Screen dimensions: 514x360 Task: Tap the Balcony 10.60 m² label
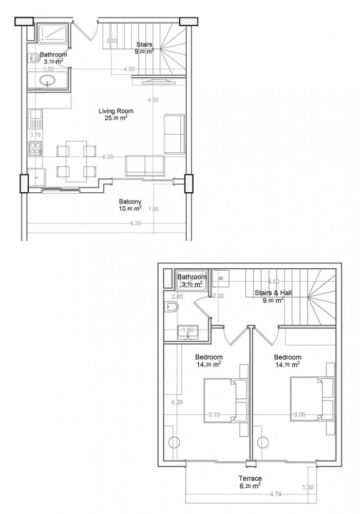pyautogui.click(x=130, y=201)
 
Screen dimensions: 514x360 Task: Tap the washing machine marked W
pyautogui.click(x=221, y=278)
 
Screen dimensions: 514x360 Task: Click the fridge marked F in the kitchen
pyautogui.click(x=36, y=177)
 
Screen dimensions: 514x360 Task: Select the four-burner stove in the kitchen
pyautogui.click(x=35, y=149)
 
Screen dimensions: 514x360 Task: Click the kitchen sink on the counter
pyautogui.click(x=35, y=122)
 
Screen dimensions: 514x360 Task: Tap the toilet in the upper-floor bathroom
pyautogui.click(x=172, y=307)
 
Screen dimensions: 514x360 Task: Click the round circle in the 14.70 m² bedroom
pyautogui.click(x=264, y=442)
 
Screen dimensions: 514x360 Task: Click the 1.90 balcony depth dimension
pyautogui.click(x=153, y=209)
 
